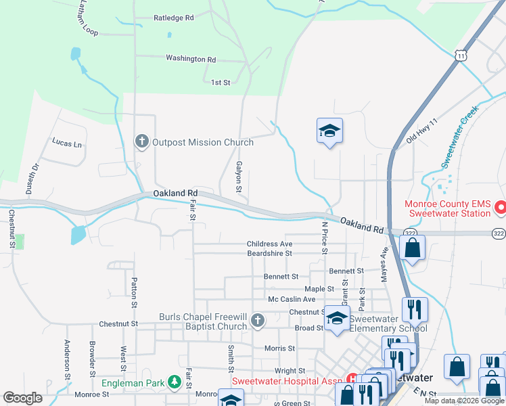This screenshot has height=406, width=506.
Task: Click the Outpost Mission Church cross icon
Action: (x=141, y=141)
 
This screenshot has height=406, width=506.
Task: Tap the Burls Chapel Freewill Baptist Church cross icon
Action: (x=257, y=321)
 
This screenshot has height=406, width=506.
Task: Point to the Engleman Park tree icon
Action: (x=174, y=382)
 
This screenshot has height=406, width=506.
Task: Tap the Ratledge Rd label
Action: (x=174, y=18)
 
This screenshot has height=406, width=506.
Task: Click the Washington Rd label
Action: (x=191, y=59)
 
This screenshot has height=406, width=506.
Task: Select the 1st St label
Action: (x=221, y=83)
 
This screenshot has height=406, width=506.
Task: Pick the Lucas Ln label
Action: (x=67, y=144)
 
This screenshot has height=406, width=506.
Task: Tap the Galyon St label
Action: (x=239, y=176)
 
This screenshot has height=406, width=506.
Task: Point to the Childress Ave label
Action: (x=269, y=244)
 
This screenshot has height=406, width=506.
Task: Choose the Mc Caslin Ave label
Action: (x=292, y=299)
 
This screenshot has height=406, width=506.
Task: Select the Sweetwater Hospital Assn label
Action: (x=287, y=380)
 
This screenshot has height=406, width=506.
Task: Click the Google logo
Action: (x=23, y=398)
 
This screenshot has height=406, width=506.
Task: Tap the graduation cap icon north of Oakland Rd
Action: (x=329, y=131)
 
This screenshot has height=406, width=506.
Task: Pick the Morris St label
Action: (x=279, y=348)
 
